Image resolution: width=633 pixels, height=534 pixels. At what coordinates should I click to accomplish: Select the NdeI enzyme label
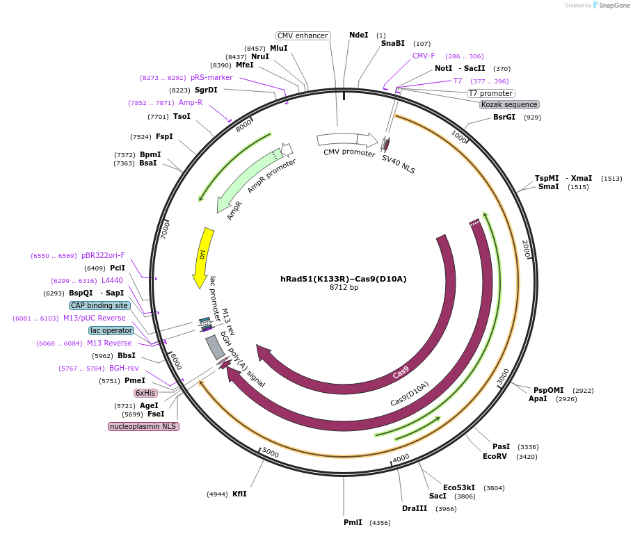358,35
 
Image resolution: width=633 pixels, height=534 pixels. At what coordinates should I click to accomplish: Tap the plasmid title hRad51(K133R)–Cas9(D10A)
344,279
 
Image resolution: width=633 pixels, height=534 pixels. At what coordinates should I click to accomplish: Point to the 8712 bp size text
344,288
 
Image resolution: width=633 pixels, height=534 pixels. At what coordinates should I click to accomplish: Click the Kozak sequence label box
509,104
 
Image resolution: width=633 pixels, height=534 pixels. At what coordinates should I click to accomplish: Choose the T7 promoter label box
490,93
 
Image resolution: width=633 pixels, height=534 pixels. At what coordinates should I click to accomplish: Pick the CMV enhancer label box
303,35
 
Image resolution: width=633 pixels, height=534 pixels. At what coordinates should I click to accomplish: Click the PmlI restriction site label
353,522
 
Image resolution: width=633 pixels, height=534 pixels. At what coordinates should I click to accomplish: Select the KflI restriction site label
239,494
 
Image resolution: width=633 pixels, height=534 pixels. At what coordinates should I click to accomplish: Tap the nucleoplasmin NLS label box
143,426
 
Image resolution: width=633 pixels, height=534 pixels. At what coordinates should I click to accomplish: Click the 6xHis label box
145,393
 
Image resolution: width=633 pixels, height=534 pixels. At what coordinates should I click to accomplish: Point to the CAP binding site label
99,305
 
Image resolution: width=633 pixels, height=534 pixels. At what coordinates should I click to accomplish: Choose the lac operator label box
111,330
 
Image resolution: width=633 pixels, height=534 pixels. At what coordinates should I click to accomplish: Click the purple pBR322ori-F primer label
103,255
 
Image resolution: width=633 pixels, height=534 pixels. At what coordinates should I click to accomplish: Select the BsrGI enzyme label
504,117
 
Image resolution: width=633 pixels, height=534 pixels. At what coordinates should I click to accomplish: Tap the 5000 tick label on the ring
270,454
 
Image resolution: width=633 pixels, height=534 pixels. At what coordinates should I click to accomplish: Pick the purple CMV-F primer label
424,56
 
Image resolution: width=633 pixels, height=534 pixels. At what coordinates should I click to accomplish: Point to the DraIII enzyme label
415,508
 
